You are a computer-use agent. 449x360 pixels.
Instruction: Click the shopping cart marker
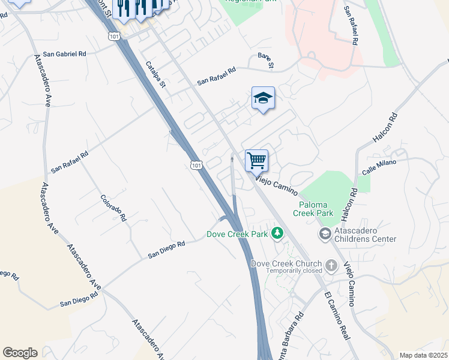coord(256,160)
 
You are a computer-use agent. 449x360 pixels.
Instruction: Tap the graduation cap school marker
coord(263,98)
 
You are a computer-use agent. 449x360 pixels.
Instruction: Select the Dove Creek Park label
coord(237,234)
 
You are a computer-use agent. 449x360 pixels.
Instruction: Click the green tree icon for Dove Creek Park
coord(277,233)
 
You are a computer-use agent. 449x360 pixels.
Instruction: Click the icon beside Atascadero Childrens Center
coord(325,233)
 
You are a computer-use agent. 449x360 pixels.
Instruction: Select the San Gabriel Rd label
coord(64,54)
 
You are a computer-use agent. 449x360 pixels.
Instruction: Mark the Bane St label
coord(266,60)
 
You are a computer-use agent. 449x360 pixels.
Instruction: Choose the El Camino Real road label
coord(336,317)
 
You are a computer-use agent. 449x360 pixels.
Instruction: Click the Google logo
coord(20,353)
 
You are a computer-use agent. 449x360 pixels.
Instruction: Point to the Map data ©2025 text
coord(423,355)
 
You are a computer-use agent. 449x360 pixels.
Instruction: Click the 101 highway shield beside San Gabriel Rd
coord(115,37)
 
